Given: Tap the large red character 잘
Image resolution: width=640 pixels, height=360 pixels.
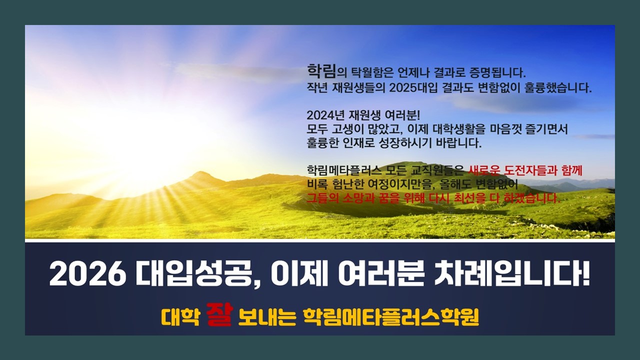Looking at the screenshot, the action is [x=219, y=314].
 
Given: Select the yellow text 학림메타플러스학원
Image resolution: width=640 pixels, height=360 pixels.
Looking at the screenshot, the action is [x=391, y=317].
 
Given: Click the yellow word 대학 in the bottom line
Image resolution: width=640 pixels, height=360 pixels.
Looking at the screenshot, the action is [x=180, y=317].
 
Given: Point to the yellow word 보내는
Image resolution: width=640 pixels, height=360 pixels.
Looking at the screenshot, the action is [x=267, y=317].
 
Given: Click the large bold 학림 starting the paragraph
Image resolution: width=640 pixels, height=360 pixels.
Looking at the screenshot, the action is [x=321, y=71].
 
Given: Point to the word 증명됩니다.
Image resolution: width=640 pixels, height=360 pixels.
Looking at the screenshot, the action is [x=497, y=72].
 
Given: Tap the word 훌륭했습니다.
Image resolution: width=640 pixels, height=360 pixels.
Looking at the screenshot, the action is [x=558, y=87].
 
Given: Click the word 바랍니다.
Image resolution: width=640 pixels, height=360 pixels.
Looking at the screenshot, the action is [x=459, y=143].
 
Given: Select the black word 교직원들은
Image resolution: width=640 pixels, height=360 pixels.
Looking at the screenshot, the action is [x=437, y=170].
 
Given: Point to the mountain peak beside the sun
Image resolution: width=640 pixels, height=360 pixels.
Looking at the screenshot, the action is [x=201, y=172].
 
